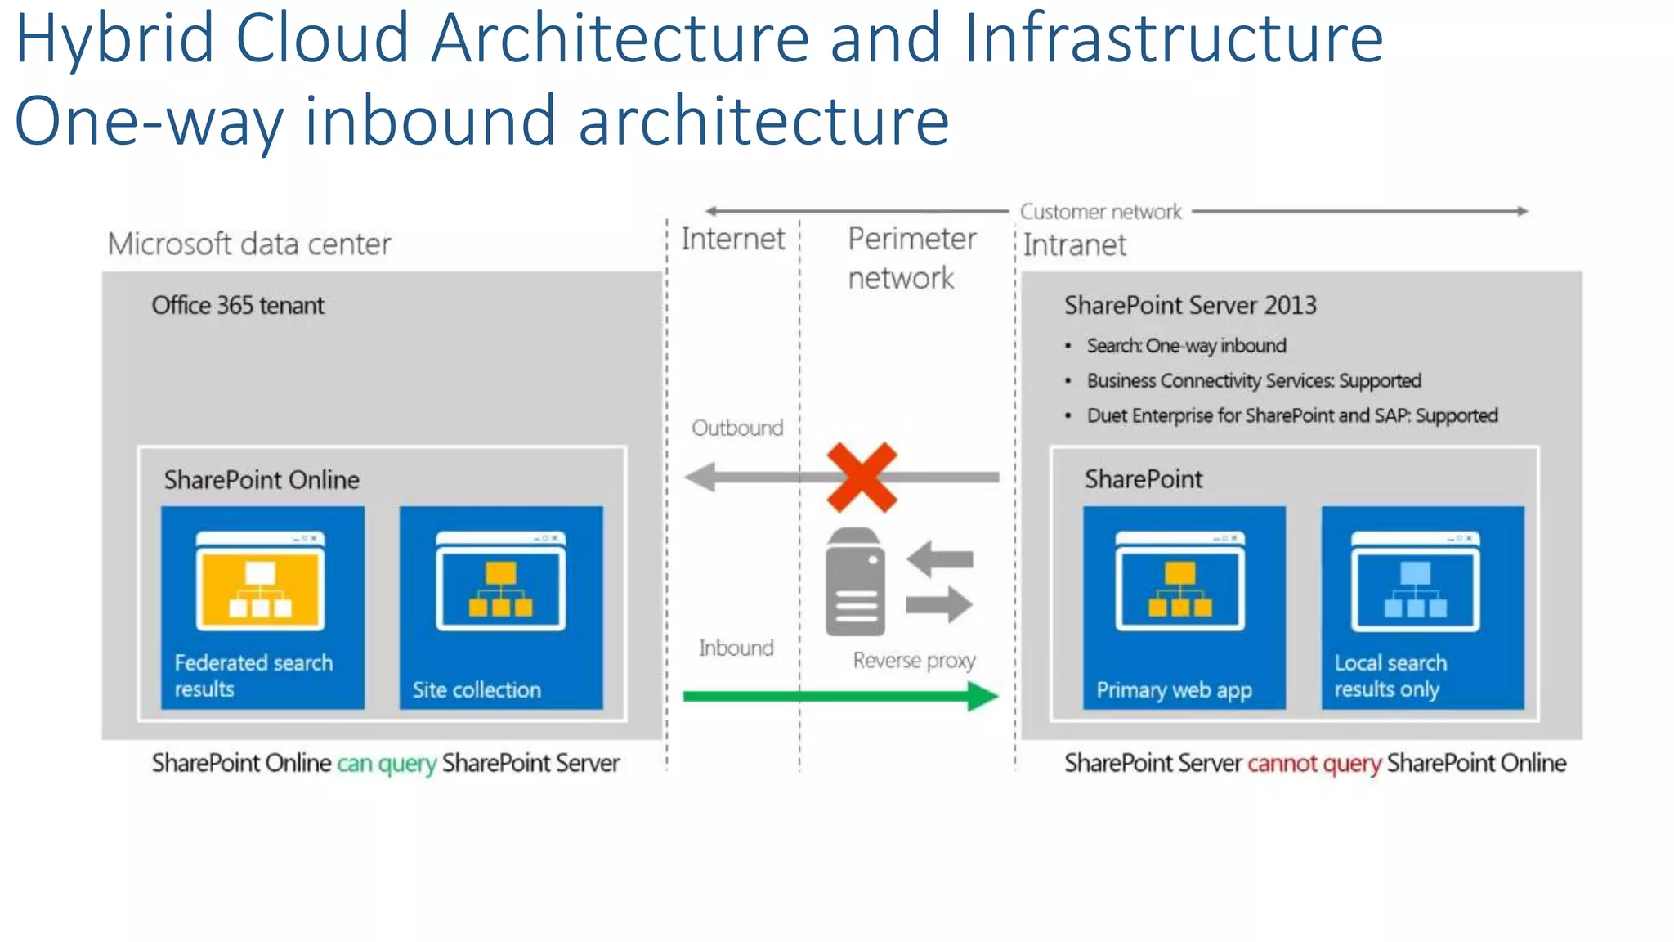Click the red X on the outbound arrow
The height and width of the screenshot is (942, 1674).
point(862,477)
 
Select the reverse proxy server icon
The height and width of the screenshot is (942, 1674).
point(855,582)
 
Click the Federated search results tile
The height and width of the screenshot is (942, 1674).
point(262,607)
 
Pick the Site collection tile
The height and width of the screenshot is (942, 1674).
point(501,607)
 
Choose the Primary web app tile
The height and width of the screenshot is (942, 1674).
point(1184,607)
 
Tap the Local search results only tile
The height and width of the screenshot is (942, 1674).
point(1422,607)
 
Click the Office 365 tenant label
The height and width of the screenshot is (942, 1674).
point(238,305)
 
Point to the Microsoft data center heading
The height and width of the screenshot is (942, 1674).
point(249,244)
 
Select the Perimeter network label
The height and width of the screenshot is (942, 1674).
point(911,258)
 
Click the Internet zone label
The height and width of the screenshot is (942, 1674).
point(732,239)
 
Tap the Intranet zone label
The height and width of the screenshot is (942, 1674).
point(1074,244)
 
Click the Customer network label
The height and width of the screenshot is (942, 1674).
point(1100,212)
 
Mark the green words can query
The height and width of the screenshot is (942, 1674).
point(387,763)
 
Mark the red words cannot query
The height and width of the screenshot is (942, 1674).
point(1314,763)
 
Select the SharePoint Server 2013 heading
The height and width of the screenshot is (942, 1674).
point(1190,305)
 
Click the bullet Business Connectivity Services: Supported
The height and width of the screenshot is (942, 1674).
point(1254,380)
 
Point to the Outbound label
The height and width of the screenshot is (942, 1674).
point(737,428)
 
